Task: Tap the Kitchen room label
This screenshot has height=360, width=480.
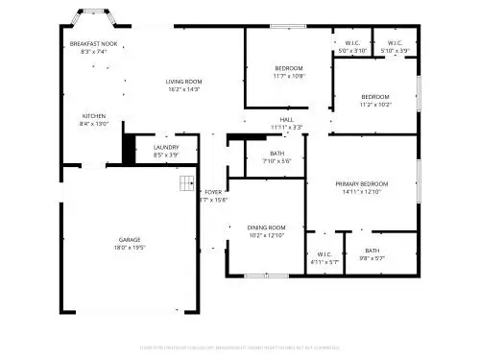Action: [x=93, y=115]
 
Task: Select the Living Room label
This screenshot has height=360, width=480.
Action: [x=184, y=82]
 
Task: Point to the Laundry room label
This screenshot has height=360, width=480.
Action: [x=166, y=147]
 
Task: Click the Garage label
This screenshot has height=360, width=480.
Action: [x=131, y=239]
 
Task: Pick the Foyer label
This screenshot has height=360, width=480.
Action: [x=213, y=192]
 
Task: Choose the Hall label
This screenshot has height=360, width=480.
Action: [x=286, y=119]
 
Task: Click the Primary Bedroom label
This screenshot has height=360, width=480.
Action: [x=361, y=183]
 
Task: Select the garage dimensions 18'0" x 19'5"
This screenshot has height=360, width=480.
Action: [x=131, y=248]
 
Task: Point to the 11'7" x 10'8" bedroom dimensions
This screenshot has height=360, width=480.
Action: [x=289, y=76]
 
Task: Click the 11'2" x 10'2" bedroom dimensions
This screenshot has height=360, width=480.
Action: [x=375, y=105]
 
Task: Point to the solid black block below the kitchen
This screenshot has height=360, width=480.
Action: [x=127, y=147]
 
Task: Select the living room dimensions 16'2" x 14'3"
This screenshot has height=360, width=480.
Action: [x=184, y=89]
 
